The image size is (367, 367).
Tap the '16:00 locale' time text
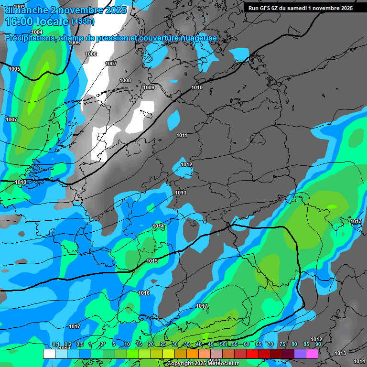click(x=36, y=22)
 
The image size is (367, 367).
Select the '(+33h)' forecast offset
click(x=83, y=22)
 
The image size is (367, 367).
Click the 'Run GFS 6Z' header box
click(x=300, y=8)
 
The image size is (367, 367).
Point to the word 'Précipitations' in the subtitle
click(x=29, y=38)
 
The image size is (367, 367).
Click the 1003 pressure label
click(x=19, y=6)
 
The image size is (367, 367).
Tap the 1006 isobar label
click(x=91, y=54)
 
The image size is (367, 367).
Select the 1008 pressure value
click(x=125, y=80)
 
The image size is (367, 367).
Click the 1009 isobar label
click(x=149, y=87)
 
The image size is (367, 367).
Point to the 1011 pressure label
click(x=182, y=135)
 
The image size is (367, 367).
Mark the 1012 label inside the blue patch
click(x=186, y=164)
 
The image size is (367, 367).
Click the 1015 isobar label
click(x=152, y=261)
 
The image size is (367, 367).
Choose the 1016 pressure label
click(x=144, y=293)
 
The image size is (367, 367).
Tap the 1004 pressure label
click(x=36, y=32)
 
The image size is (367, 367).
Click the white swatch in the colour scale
click(x=49, y=354)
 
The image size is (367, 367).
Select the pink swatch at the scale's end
click(x=312, y=354)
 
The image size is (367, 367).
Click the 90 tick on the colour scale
click(x=318, y=344)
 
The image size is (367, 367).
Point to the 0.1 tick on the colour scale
click(x=55, y=344)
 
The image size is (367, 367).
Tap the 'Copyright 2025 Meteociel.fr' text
click(x=203, y=364)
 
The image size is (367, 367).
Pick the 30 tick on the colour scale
click(x=174, y=344)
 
